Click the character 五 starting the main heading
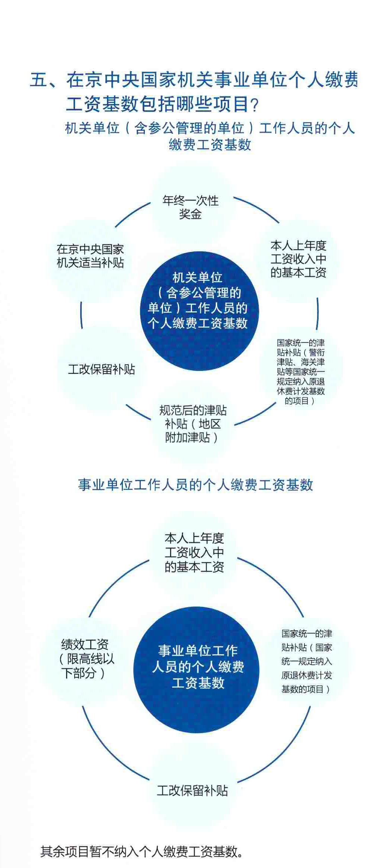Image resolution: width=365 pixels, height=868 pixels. click(39, 80)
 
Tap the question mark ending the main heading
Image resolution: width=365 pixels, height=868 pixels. click(255, 105)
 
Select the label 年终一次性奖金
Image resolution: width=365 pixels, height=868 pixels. click(190, 207)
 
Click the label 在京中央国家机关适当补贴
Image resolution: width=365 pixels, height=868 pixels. click(90, 256)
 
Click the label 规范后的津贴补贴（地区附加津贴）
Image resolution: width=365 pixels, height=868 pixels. click(193, 424)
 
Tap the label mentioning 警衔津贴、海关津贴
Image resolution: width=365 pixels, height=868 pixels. click(301, 371)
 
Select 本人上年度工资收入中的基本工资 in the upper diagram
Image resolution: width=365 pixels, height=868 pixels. click(299, 259)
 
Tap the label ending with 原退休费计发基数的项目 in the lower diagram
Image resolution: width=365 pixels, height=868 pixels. click(307, 661)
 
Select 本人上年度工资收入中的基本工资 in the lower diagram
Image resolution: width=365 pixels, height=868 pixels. click(195, 553)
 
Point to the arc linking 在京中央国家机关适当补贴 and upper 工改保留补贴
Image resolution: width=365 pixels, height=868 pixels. click(81, 315)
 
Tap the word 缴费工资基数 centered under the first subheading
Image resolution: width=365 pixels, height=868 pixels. click(210, 144)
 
